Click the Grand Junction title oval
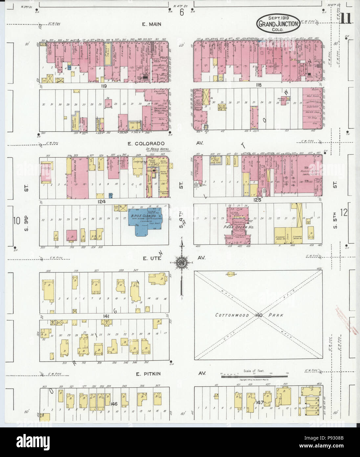coord(278,24)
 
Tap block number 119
coord(104,85)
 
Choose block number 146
coord(114,403)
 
